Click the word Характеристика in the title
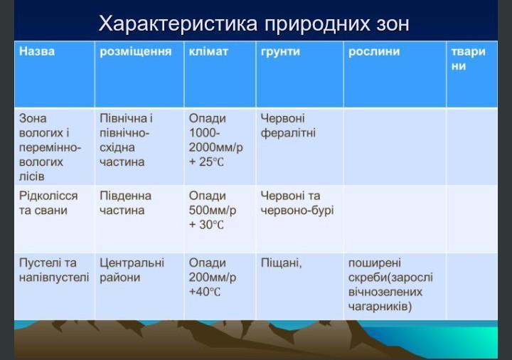click(x=178, y=24)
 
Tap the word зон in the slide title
click(x=390, y=24)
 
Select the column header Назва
click(x=37, y=51)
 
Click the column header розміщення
click(x=136, y=52)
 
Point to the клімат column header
click(x=208, y=51)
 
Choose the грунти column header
click(x=280, y=52)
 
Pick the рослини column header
click(x=374, y=52)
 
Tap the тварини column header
click(x=468, y=58)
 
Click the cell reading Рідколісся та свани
click(x=48, y=203)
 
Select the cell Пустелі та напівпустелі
click(x=54, y=270)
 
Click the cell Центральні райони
click(x=132, y=270)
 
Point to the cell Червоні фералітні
click(x=288, y=125)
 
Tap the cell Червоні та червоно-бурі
click(x=297, y=203)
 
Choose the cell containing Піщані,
click(x=281, y=263)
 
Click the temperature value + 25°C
click(x=206, y=162)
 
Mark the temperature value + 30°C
click(x=206, y=225)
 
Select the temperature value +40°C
click(x=205, y=292)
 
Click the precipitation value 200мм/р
click(x=212, y=277)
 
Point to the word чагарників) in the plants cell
click(x=380, y=307)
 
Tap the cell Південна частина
click(x=125, y=203)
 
